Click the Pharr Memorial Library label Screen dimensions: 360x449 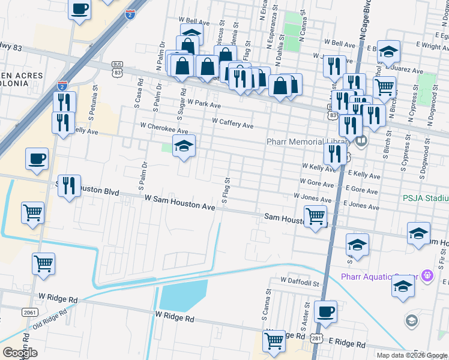[308, 142]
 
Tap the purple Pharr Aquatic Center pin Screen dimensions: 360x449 [427, 276]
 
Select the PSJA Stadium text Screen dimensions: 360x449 [426, 198]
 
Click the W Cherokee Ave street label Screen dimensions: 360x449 [164, 127]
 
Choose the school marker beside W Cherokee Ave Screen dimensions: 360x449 [184, 146]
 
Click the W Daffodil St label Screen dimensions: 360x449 [303, 281]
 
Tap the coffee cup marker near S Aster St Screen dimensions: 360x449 [325, 311]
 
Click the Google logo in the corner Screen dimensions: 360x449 [20, 353]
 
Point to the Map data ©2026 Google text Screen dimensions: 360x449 [412, 355]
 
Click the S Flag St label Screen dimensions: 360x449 [226, 190]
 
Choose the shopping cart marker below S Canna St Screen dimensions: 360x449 [274, 341]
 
